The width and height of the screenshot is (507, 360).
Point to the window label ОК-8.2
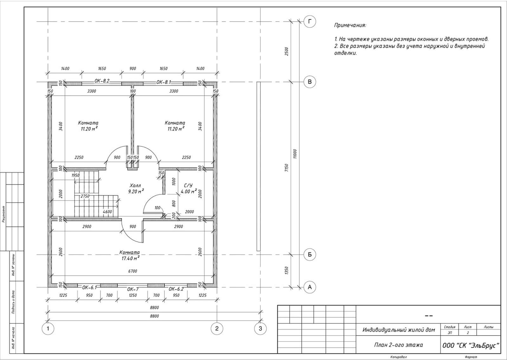pyautogui.click(x=102, y=81)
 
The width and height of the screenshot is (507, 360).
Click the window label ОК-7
pyautogui.click(x=133, y=289)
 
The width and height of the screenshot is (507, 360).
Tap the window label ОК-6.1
pyautogui.click(x=89, y=287)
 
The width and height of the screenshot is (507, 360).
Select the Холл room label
pyautogui.click(x=136, y=185)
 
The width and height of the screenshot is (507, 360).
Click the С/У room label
pyautogui.click(x=188, y=186)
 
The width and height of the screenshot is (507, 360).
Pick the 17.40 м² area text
pyautogui.click(x=130, y=258)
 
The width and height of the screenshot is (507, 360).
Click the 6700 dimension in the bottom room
pyautogui.click(x=133, y=271)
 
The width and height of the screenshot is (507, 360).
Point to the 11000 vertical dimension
pyautogui.click(x=295, y=154)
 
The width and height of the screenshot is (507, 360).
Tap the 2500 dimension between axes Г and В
pyautogui.click(x=286, y=51)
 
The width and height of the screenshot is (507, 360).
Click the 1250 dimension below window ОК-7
pyautogui.click(x=133, y=295)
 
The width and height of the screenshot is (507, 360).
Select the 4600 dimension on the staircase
pyautogui.click(x=107, y=212)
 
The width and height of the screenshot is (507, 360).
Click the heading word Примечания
pyautogui.click(x=350, y=25)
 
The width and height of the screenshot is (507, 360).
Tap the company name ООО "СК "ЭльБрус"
pyautogui.click(x=471, y=345)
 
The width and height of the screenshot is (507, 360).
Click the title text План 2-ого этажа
pyautogui.click(x=398, y=345)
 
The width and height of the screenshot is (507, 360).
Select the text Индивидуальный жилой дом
pyautogui.click(x=399, y=330)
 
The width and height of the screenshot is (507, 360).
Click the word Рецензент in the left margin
pyautogui.click(x=3, y=214)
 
